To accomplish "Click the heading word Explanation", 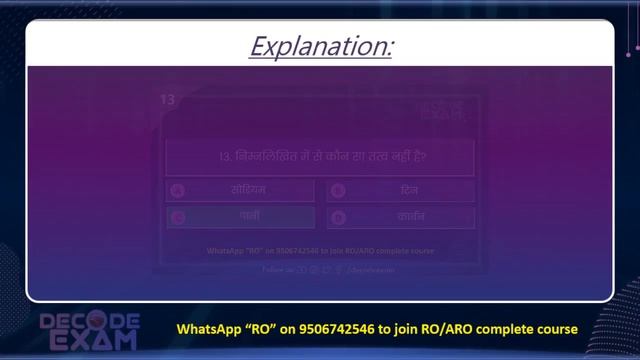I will tap(320, 47).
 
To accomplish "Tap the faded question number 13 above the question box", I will tap(167, 100).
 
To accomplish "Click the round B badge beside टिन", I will tap(338, 190).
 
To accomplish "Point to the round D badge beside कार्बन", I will tap(338, 216).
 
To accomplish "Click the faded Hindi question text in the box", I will tap(320, 157).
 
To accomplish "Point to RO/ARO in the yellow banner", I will tap(447, 328).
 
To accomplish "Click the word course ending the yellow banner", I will tap(556, 328).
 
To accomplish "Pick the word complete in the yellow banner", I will tap(503, 328).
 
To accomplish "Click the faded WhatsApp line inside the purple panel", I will tap(320, 252).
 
